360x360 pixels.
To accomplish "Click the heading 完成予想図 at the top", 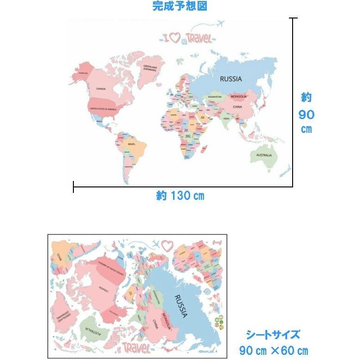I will pyautogui.click(x=180, y=6).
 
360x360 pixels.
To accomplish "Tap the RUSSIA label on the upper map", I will pyautogui.click(x=231, y=79).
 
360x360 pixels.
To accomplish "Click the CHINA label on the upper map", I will pyautogui.click(x=237, y=107).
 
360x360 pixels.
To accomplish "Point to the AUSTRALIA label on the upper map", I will pyautogui.click(x=261, y=156).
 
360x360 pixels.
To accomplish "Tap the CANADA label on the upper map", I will pyautogui.click(x=101, y=89).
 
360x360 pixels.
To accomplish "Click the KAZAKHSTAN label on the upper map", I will pyautogui.click(x=215, y=97).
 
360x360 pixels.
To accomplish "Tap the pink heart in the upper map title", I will pyautogui.click(x=175, y=38).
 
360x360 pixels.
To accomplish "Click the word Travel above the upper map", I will pyautogui.click(x=199, y=38).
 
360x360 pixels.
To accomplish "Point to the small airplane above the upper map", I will pyautogui.click(x=220, y=23).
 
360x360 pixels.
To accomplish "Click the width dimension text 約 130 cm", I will pyautogui.click(x=180, y=196).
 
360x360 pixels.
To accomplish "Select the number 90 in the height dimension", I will pyautogui.click(x=306, y=114).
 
